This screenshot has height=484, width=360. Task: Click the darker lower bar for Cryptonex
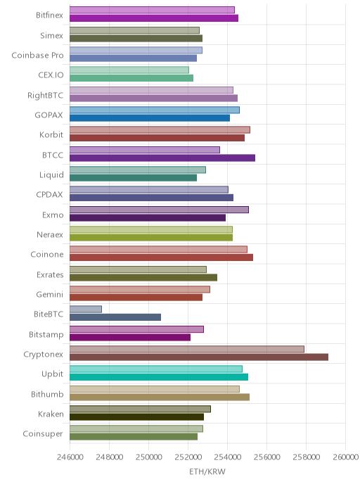[199, 357]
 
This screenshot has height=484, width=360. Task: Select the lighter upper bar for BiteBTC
[86, 309]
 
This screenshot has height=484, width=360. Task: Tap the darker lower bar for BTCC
[162, 158]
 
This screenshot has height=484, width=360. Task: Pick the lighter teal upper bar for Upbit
[156, 369]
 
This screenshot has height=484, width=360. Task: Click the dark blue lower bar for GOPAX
[150, 118]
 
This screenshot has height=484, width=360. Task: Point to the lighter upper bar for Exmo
[159, 210]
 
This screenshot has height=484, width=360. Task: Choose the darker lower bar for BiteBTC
[115, 317]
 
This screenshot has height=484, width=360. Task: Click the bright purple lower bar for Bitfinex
[154, 18]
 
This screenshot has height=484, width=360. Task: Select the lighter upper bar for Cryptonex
[187, 349]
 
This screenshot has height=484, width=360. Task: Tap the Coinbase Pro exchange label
[38, 56]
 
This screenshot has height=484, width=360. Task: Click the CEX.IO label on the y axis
[51, 75]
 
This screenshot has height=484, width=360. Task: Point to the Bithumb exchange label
[47, 394]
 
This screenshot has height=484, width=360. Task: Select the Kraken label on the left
[51, 414]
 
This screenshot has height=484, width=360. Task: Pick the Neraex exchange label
[50, 234]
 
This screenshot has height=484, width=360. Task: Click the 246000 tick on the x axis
[70, 457]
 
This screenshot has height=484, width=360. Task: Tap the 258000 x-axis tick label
[307, 457]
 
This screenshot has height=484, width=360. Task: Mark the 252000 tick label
[188, 457]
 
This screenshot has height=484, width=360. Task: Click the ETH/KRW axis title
[207, 471]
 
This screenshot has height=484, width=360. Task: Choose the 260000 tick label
[345, 457]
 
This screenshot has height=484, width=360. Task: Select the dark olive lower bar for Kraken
[136, 417]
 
